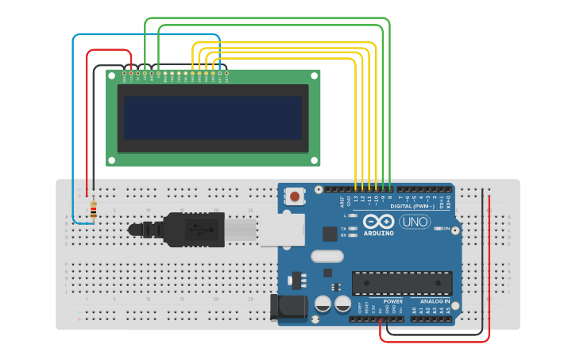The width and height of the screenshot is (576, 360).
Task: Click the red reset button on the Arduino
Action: click(x=295, y=195)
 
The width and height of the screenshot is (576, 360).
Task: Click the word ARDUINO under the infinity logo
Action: click(x=379, y=233)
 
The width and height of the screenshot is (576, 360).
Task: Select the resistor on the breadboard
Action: click(x=94, y=210)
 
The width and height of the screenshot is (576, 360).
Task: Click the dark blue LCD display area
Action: click(x=212, y=118)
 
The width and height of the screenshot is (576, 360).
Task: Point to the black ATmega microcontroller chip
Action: click(x=402, y=283)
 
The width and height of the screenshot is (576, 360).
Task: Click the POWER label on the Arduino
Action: click(x=393, y=302)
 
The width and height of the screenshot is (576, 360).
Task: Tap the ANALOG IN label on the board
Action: click(x=435, y=302)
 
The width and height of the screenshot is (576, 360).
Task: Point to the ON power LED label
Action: click(x=446, y=229)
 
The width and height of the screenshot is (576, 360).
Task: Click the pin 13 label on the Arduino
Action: click(x=356, y=198)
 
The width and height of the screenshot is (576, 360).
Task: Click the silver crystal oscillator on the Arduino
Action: click(x=327, y=256)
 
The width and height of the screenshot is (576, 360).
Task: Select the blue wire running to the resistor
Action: click(x=74, y=127)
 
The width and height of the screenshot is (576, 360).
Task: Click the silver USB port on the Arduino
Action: click(x=282, y=230)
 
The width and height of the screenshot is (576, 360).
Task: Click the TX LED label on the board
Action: click(x=342, y=228)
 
